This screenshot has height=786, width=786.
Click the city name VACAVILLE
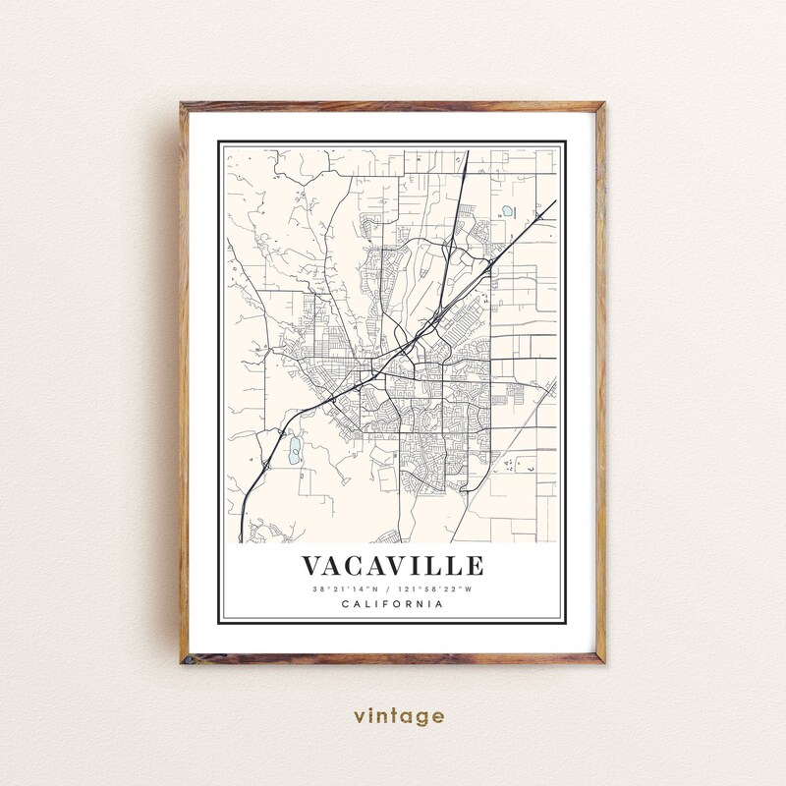(x=392, y=567)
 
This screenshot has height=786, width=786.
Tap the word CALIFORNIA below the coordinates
(x=392, y=603)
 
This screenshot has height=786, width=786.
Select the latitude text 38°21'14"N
(x=345, y=589)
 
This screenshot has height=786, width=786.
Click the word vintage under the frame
(x=393, y=716)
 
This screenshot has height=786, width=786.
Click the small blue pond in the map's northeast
(x=508, y=211)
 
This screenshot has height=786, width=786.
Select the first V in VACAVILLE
(x=313, y=567)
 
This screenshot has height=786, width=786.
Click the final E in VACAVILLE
(x=475, y=567)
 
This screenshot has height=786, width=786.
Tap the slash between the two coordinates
(x=391, y=589)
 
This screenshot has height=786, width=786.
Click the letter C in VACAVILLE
(x=360, y=567)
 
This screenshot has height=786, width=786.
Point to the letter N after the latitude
(x=376, y=589)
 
